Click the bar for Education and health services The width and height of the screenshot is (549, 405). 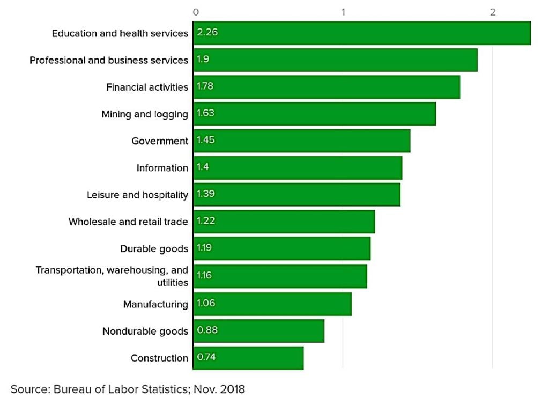361,33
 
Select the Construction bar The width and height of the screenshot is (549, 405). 248,357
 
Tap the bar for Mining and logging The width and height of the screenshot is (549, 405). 314,114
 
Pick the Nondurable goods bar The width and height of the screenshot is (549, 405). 258,331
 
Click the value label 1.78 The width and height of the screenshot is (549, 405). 205,86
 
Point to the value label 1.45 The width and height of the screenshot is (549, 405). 205,140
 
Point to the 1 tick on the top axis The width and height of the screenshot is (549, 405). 343,12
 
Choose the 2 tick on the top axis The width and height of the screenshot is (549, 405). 492,12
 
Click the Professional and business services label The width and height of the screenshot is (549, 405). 109,60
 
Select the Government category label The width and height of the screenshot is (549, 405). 160,141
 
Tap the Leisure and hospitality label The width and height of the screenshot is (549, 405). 137,195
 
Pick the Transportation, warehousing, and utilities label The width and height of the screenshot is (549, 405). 112,276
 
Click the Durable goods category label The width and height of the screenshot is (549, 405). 154,249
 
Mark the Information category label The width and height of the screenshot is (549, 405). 162,168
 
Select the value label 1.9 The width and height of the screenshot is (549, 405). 203,60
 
